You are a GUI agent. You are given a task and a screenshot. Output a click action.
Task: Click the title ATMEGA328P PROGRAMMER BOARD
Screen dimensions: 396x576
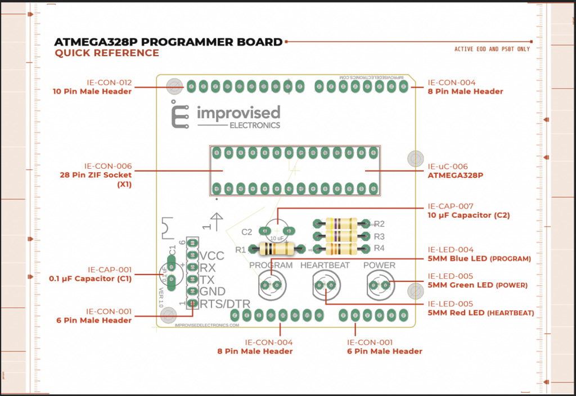(x=168, y=42)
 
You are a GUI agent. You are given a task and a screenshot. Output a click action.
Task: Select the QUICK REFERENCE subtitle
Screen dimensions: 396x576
(x=107, y=53)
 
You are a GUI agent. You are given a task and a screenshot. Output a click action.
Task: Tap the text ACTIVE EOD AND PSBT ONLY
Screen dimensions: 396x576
(x=492, y=49)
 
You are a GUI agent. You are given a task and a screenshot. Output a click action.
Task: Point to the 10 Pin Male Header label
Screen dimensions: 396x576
(x=92, y=91)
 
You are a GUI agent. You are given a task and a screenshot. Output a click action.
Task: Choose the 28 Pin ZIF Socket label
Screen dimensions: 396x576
(x=96, y=175)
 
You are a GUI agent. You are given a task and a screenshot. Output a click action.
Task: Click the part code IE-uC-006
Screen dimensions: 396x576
(x=448, y=166)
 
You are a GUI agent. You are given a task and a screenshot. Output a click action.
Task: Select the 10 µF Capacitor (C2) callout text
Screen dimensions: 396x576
(x=469, y=215)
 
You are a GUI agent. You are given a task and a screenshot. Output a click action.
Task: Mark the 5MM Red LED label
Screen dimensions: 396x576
(x=456, y=313)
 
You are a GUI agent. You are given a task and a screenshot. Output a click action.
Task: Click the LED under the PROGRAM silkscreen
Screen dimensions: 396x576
(x=271, y=285)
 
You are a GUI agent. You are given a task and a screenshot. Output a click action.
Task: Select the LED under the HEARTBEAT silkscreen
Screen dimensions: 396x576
(x=325, y=285)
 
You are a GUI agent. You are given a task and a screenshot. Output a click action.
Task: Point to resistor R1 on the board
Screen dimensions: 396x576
(x=276, y=248)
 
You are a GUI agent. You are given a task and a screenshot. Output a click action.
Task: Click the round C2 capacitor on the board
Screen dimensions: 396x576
(x=278, y=230)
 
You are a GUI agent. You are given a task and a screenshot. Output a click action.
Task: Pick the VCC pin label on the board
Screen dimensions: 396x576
(x=212, y=256)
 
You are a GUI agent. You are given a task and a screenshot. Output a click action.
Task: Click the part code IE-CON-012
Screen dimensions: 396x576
(x=109, y=83)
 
